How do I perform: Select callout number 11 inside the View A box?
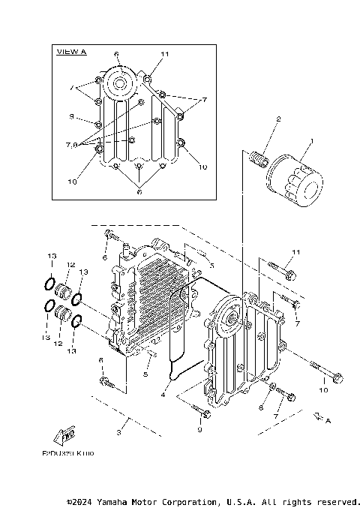pyautogui.click(x=165, y=54)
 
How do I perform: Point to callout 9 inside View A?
pyautogui.click(x=71, y=116)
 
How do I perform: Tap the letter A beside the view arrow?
pyautogui.click(x=328, y=420)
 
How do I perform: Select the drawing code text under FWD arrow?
pyautogui.click(x=67, y=454)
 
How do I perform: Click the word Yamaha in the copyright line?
pyautogui.click(x=113, y=501)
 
